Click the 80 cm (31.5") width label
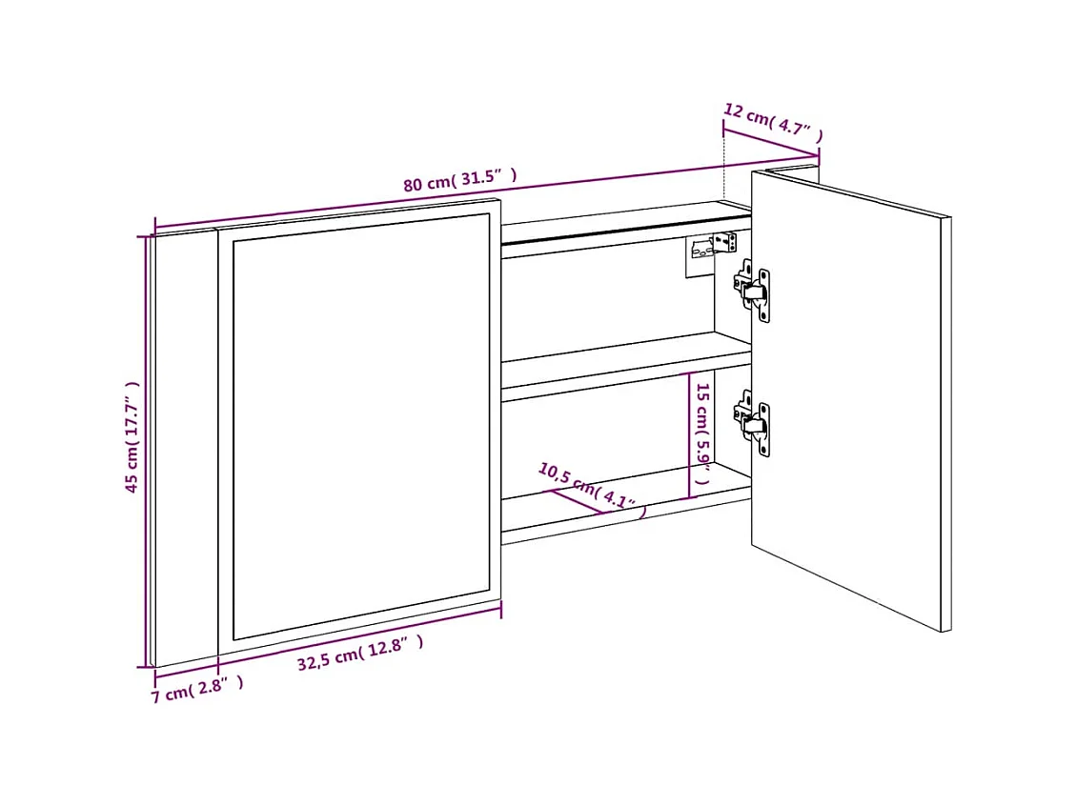459,179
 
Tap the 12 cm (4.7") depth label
771,120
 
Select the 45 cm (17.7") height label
132,437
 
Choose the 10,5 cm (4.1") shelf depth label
592,488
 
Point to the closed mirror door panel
360,424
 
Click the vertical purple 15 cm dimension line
689,435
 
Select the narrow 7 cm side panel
185,448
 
